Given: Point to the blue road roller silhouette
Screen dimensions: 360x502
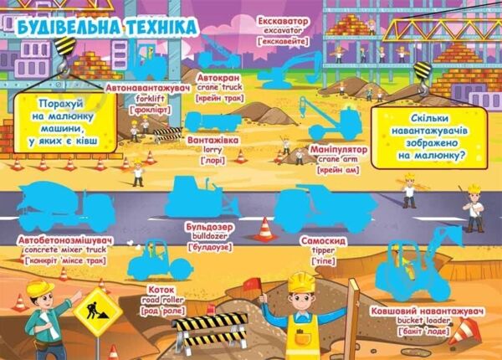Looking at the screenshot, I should tap(159, 260).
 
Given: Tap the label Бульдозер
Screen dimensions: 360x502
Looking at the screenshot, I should tap(215, 227).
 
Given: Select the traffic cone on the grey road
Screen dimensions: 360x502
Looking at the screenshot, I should tap(266, 229).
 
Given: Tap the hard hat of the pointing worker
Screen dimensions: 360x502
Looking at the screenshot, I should tap(39, 287).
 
